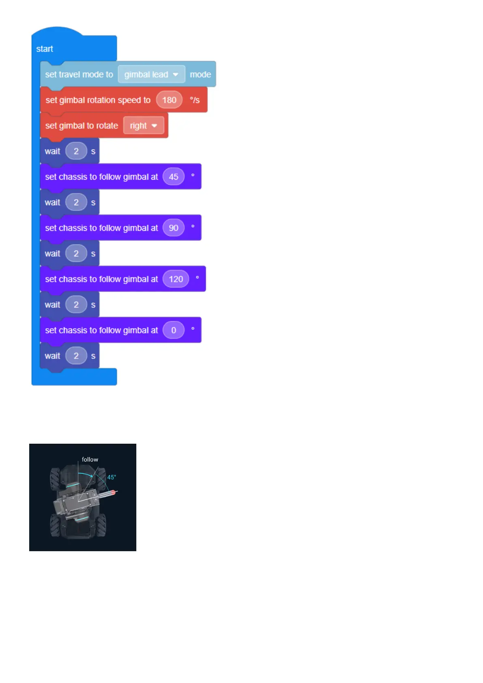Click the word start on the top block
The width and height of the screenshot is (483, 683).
coord(45,49)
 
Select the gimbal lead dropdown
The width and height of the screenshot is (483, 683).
coord(151,75)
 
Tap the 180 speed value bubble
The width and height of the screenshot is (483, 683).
coord(169,100)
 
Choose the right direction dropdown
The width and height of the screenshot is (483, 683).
coord(144,126)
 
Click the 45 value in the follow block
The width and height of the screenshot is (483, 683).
coord(174,177)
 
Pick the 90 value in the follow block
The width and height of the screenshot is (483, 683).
coord(174,228)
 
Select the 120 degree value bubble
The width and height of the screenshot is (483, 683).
coord(176,279)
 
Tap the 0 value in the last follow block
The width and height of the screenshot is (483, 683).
coord(174,330)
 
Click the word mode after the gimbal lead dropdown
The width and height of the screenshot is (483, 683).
coord(200,75)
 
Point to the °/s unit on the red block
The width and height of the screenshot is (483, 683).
coord(195,100)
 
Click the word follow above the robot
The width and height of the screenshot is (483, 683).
coord(90,460)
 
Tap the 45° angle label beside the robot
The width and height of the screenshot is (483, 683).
coord(112,477)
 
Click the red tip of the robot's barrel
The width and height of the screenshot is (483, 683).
coord(114,492)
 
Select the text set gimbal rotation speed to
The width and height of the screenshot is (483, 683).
coord(98,100)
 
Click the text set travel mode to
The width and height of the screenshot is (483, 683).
coord(79,75)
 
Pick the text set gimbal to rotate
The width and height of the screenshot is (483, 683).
coord(82,126)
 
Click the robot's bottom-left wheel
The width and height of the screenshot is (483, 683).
coord(55,526)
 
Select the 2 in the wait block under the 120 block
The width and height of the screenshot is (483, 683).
coord(76,305)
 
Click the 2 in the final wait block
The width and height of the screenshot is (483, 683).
coord(76,356)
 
